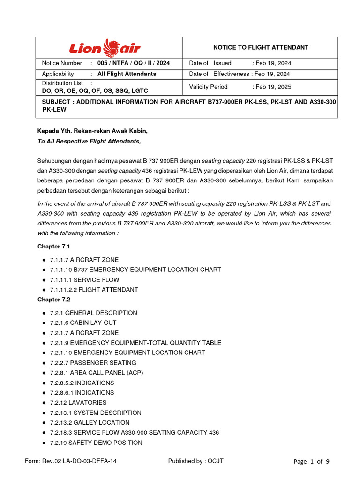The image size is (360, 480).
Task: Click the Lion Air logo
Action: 105,48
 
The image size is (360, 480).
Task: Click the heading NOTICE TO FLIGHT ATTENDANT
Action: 261,47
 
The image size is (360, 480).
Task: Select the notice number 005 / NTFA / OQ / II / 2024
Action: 134,63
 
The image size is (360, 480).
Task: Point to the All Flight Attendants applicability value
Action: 127,74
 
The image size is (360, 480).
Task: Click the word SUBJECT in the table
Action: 56,102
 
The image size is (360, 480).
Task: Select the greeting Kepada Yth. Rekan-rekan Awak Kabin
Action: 95,131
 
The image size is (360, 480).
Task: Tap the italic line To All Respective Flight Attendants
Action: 89,141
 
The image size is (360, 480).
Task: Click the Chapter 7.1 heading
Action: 54,247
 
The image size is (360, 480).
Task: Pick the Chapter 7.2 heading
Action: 54,300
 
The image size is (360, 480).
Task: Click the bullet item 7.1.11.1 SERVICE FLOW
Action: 84,280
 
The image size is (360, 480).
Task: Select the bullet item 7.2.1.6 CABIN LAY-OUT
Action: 83,322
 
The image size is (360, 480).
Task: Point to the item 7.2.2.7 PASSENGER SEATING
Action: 93,363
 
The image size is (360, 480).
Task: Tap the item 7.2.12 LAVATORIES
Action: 78,403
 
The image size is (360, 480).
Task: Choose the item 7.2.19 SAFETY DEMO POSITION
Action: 96,442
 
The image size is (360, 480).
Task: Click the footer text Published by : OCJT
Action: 196,461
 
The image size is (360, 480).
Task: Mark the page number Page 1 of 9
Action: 311,461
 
